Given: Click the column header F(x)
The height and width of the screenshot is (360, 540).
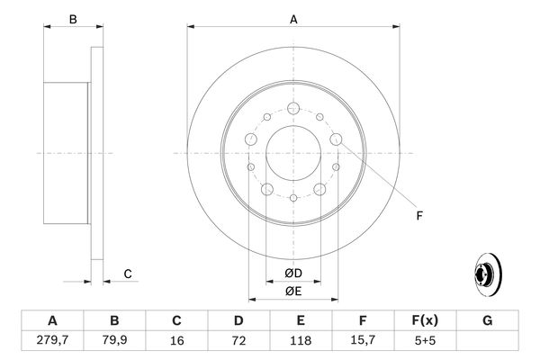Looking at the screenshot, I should (425, 320).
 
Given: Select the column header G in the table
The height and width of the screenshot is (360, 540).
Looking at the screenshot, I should (487, 320).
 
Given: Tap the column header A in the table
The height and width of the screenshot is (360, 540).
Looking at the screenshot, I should (52, 320).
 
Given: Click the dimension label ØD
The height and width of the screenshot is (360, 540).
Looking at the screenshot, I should (293, 274).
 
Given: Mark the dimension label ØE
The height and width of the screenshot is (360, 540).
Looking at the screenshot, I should (293, 292).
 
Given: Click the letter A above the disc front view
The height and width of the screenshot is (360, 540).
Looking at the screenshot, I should (293, 18).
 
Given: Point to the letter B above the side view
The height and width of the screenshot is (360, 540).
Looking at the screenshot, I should (74, 18).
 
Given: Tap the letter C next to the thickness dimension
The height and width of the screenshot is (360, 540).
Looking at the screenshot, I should (129, 274).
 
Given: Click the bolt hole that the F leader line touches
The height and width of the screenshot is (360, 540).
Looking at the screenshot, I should (337, 139).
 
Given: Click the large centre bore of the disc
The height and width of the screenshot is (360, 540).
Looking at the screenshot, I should (294, 153).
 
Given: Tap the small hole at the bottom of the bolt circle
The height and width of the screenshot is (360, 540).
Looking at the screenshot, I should (294, 196).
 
